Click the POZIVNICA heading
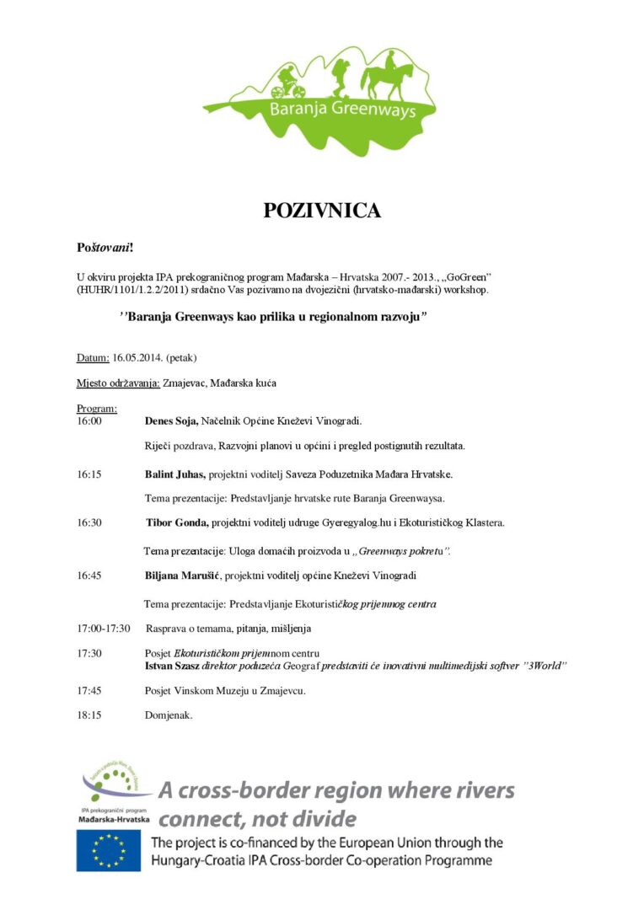(322, 211)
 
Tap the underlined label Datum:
(93, 358)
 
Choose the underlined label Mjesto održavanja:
(118, 383)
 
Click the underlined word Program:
(96, 409)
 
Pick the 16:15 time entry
(89, 474)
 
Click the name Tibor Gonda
(177, 523)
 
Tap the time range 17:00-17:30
(104, 629)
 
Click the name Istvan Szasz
(173, 666)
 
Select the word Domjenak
(169, 715)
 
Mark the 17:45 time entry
(89, 691)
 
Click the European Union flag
(109, 850)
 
